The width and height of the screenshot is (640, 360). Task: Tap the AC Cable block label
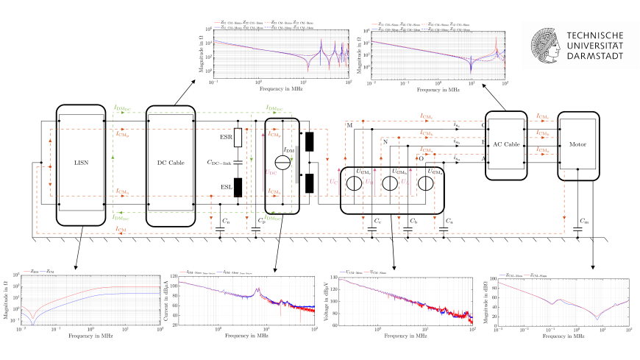click(x=506, y=144)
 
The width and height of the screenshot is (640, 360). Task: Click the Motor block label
click(x=580, y=144)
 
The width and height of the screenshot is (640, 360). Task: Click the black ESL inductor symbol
click(x=238, y=185)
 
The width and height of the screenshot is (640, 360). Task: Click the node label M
click(x=349, y=125)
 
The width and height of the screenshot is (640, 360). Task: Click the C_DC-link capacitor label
click(x=218, y=161)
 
